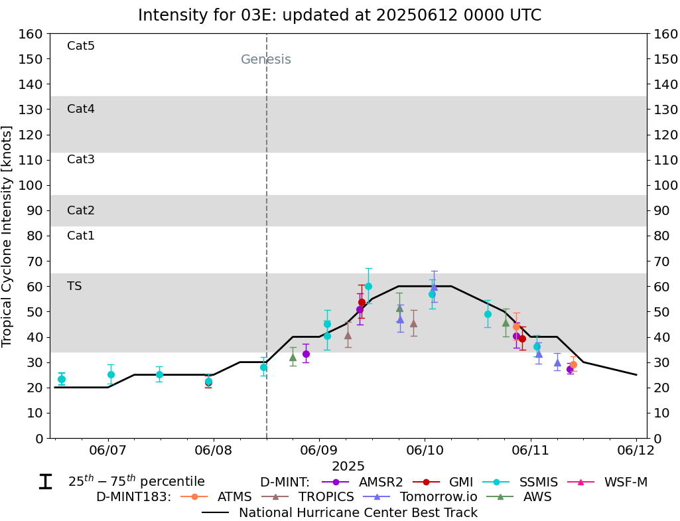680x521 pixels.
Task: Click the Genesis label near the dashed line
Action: (265, 60)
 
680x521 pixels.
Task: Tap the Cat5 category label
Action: (81, 46)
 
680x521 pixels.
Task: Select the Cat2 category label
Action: (81, 210)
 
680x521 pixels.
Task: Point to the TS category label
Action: (74, 286)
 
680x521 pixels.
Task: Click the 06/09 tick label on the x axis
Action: (319, 451)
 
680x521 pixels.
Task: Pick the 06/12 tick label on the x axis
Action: (636, 451)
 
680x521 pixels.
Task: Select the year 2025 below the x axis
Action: (348, 467)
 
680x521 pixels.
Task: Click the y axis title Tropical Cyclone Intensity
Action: (7, 236)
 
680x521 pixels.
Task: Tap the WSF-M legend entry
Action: (625, 482)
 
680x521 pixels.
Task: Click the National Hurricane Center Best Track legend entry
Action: (357, 512)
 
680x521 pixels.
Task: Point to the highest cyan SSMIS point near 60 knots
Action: (368, 286)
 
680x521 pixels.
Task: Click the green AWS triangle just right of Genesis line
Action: (293, 357)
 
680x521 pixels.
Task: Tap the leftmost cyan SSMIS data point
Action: (62, 379)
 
